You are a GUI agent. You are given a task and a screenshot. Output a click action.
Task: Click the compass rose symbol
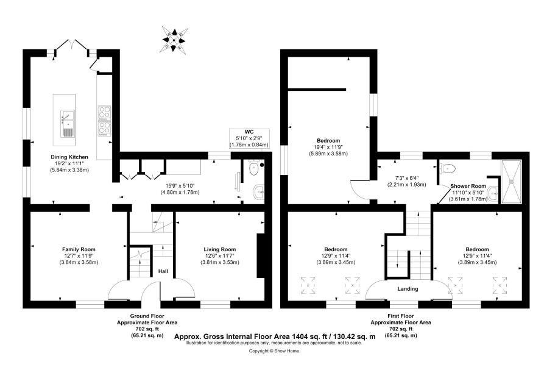[x=174, y=38]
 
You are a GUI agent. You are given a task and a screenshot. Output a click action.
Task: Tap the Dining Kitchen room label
[x=69, y=157]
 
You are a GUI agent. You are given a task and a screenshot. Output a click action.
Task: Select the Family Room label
[x=79, y=249]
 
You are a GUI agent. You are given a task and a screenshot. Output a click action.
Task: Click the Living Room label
[x=219, y=249]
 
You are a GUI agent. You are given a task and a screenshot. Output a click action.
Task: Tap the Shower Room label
[x=468, y=186]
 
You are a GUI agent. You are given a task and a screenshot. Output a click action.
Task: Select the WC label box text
[x=249, y=132]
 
